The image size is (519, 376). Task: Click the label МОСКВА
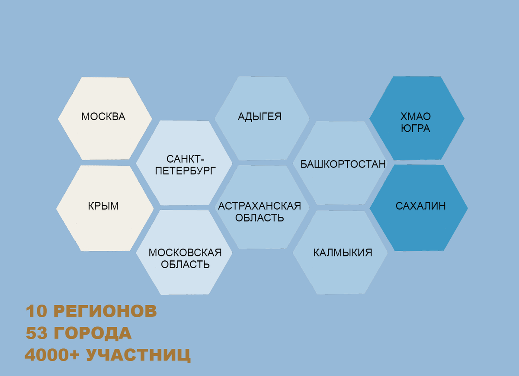pos(103,116)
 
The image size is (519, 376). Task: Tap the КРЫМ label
pos(103,206)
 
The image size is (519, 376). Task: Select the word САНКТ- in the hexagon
pos(185,159)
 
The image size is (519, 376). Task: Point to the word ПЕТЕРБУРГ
pos(185,171)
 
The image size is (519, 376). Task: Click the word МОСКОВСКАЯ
pos(185,253)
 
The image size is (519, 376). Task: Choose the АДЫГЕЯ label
pos(259,116)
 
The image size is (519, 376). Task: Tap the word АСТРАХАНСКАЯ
pos(259,206)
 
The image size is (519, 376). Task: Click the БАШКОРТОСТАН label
pos(343,164)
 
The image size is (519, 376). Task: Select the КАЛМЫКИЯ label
pos(343,253)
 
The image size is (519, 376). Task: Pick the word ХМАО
pos(416,116)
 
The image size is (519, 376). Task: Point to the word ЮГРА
pos(416,128)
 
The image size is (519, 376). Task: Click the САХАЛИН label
pos(420,206)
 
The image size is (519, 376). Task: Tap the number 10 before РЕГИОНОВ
pos(36,311)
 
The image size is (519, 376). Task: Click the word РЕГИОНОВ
pos(105,311)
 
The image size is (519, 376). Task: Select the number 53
pos(37,333)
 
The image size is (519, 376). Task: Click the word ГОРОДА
pos(93,334)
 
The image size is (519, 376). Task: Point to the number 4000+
pos(52,355)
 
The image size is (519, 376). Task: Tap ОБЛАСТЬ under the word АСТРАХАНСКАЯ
pos(259,218)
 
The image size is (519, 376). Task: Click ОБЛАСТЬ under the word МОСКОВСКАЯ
pos(185,265)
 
